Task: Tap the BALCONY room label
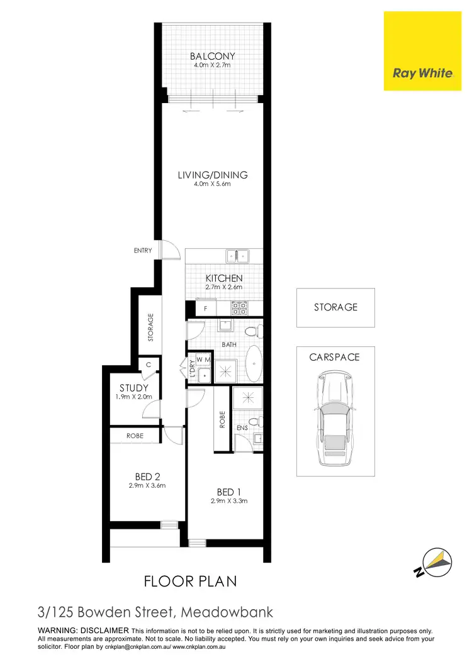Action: [213, 57]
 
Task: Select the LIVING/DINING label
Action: [213, 175]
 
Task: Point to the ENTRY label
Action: [143, 251]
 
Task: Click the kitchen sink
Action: [238, 256]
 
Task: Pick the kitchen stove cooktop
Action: [240, 307]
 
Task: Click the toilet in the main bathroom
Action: [251, 331]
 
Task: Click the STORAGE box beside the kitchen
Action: [335, 307]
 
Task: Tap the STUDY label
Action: [133, 388]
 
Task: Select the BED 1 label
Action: [229, 492]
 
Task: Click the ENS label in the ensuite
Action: [241, 427]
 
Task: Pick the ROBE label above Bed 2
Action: [135, 436]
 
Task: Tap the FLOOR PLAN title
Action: [191, 581]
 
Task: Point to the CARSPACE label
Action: [335, 357]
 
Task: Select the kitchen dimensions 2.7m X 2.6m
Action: [224, 287]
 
